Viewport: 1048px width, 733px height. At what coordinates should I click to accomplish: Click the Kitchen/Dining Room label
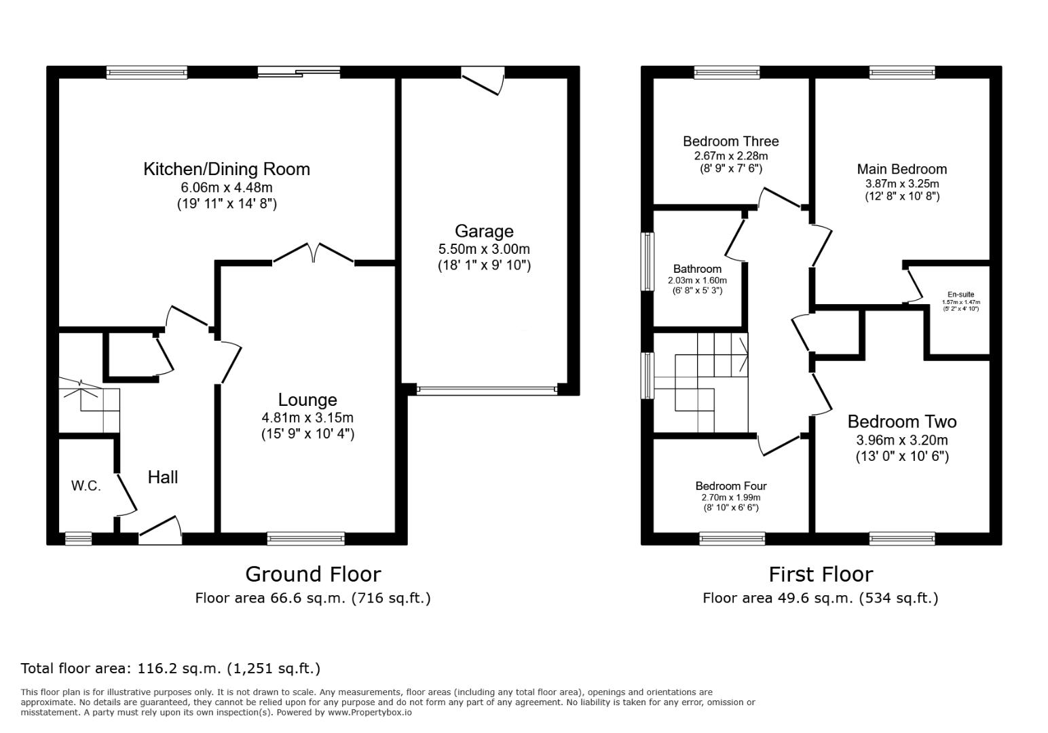tap(226, 169)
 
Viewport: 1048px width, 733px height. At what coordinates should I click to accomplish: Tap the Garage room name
tap(484, 231)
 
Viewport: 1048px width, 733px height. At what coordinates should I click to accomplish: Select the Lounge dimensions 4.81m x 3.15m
tap(307, 418)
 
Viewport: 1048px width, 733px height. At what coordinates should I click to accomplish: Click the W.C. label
tap(86, 486)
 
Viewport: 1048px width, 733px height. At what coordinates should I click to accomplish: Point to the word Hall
tap(163, 477)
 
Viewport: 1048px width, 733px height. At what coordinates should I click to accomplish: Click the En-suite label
tap(960, 295)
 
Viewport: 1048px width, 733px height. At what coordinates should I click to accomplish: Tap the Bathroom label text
tap(697, 269)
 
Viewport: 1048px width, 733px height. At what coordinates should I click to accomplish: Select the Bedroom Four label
tap(730, 486)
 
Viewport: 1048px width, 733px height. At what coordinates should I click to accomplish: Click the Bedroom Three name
tap(730, 141)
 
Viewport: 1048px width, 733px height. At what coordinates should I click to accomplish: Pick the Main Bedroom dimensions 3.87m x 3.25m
tap(901, 184)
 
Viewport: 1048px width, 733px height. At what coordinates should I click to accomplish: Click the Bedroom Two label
tap(901, 421)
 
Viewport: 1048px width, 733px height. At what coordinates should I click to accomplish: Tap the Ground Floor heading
tap(313, 574)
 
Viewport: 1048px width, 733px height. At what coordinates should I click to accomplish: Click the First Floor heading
tap(820, 574)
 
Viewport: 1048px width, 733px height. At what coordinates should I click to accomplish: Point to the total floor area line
tap(170, 669)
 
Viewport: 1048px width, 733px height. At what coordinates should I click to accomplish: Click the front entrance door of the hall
tap(160, 531)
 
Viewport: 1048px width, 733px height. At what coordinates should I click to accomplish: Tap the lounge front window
tap(306, 539)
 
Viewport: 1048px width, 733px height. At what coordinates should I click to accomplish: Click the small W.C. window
tap(78, 539)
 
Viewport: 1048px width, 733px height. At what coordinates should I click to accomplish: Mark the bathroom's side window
tap(648, 262)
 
